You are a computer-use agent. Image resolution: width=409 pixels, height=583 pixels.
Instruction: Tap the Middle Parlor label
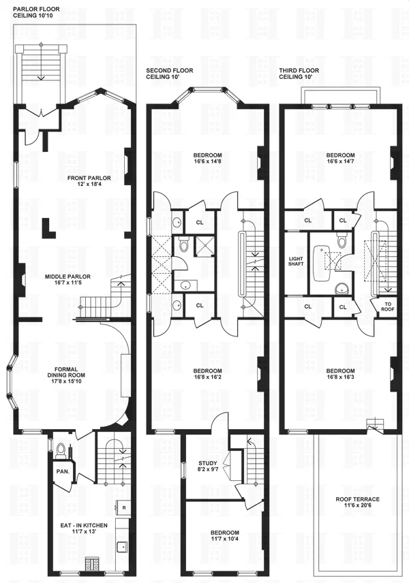[x=67, y=280]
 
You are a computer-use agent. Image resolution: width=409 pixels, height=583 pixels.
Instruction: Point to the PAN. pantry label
[x=58, y=471]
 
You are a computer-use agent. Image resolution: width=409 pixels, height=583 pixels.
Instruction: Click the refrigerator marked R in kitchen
[x=123, y=507]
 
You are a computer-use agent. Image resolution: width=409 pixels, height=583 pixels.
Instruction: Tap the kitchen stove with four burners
[x=91, y=563]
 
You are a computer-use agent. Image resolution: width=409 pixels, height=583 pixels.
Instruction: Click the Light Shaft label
[x=295, y=263]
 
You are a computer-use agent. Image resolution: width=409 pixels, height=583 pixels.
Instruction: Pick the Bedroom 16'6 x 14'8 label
[x=207, y=158]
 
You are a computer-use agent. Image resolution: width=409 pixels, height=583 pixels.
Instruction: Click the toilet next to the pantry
[x=61, y=450]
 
